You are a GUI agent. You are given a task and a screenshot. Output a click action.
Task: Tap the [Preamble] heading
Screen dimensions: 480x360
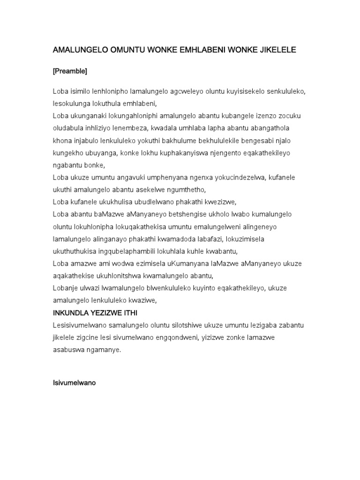(70, 71)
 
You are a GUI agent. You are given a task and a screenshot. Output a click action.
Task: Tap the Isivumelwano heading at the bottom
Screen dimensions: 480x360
(74, 383)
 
